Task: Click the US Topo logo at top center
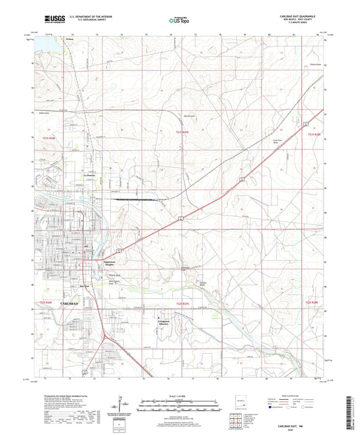(180, 21)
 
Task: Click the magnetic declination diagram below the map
(118, 404)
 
